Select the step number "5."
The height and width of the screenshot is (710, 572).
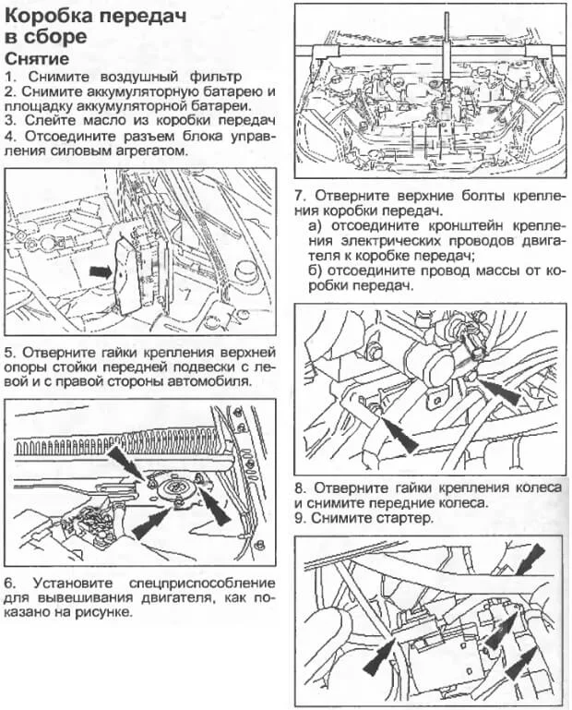[x=12, y=352]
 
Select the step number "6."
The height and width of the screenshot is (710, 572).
[x=12, y=583]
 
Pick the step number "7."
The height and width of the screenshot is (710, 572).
[x=301, y=196]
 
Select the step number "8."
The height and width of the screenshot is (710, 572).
[x=301, y=487]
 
